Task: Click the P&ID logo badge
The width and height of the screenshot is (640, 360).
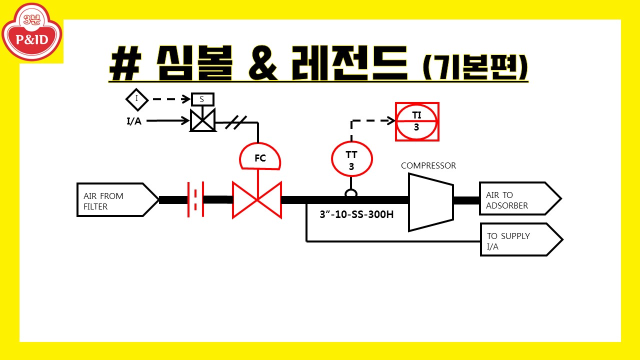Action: coord(32,33)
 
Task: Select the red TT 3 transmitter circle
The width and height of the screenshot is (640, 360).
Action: coord(352,159)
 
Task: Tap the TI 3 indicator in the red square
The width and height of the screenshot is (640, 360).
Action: coord(417,121)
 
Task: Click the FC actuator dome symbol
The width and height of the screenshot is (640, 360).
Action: coord(260,157)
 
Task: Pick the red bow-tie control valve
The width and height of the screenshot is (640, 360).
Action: coord(257,200)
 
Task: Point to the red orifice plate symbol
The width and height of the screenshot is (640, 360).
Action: coord(195,199)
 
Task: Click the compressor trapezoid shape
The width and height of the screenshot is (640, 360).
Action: coord(430,201)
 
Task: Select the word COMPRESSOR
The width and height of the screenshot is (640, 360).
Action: coord(428,165)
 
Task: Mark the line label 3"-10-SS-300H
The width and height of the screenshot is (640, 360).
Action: coord(356,215)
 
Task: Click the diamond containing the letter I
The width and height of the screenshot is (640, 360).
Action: coord(137,99)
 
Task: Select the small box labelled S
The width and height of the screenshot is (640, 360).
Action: coord(202,99)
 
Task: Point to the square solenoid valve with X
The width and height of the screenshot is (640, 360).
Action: coord(202,120)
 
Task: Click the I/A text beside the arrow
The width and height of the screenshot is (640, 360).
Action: coord(133,121)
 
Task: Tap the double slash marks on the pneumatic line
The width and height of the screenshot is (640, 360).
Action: coord(235,122)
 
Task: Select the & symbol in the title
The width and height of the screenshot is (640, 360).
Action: coord(262,64)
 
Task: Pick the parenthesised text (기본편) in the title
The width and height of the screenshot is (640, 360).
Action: coord(474,66)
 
